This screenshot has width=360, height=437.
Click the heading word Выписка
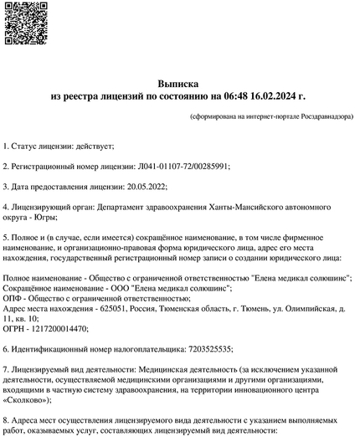pos(178,85)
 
